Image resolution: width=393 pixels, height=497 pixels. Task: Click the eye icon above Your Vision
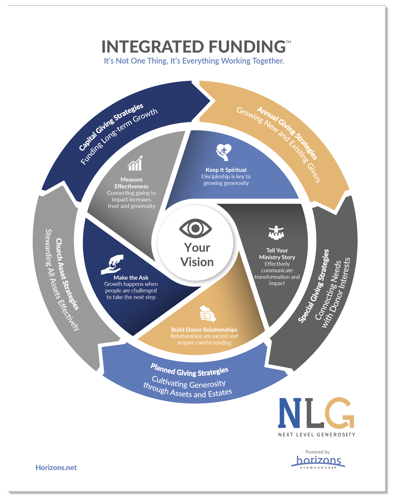[195, 228]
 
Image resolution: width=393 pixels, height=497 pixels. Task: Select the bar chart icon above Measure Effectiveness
[135, 163]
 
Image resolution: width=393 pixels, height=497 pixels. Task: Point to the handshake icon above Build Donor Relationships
[208, 313]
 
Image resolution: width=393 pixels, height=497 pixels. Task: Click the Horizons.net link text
[56, 468]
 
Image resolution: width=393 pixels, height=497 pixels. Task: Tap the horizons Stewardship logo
[318, 462]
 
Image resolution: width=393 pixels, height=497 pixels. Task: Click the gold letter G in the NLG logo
[339, 413]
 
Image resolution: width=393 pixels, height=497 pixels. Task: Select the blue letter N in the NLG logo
[290, 413]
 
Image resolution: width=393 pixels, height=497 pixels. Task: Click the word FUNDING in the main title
[247, 47]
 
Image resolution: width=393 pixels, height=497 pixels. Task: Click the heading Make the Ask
[131, 278]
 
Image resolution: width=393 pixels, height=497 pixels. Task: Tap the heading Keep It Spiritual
[226, 170]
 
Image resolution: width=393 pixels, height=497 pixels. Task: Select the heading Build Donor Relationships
[204, 330]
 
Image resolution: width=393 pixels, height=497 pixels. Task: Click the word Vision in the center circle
[197, 262]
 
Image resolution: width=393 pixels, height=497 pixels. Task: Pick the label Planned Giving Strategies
[189, 370]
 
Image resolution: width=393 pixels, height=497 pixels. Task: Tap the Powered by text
[317, 452]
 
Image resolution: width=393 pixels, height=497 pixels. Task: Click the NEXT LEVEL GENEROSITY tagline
[316, 434]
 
